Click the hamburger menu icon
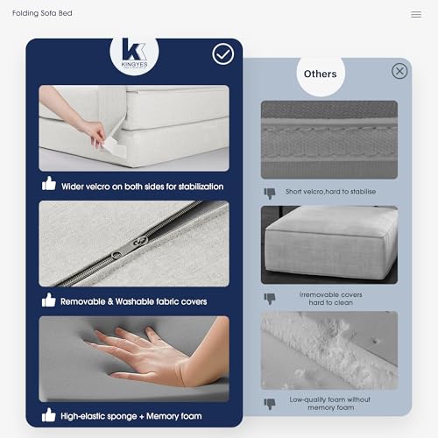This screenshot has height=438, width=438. [416, 14]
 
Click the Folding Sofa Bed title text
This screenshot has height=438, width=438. [42, 13]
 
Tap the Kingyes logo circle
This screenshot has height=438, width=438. [134, 53]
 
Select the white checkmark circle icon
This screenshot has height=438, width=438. [223, 54]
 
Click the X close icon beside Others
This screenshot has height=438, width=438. [399, 71]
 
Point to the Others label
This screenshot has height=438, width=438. [321, 74]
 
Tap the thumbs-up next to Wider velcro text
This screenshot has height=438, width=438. [49, 183]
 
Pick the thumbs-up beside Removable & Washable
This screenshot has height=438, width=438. [48, 300]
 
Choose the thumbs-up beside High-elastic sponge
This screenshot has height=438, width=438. [48, 415]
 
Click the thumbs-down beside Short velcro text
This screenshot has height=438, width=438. [270, 193]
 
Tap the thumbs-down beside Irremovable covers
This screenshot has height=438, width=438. [270, 299]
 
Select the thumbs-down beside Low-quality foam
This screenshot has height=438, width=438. [270, 404]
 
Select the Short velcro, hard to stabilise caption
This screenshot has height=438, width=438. [330, 192]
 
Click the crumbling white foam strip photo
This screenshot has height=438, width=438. [329, 350]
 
